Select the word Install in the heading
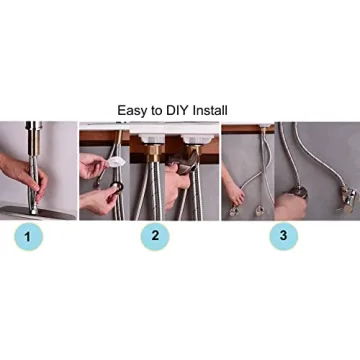click(210, 110)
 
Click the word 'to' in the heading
click(156, 111)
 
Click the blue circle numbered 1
click(28, 237)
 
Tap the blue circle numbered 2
click(155, 236)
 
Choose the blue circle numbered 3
click(283, 236)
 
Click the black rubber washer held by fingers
click(118, 187)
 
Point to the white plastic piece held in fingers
click(115, 162)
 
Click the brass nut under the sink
click(154, 153)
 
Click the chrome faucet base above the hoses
click(34, 138)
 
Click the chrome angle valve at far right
click(349, 199)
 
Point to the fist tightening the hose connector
click(290, 206)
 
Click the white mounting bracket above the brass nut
click(152, 138)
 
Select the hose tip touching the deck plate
click(34, 211)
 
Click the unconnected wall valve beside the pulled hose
click(259, 211)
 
